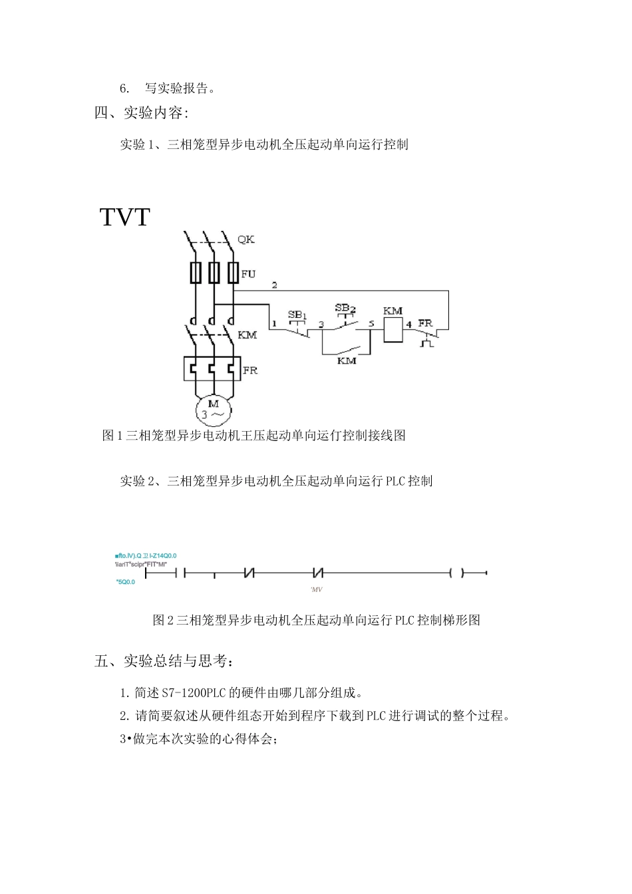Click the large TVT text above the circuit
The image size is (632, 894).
(x=125, y=218)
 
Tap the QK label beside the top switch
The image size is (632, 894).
(x=246, y=239)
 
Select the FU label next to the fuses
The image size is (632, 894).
(x=248, y=274)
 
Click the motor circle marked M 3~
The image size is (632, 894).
(x=214, y=410)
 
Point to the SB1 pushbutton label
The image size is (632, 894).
(x=297, y=315)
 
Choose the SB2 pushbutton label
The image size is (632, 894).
(x=345, y=308)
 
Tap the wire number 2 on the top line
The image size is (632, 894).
(x=274, y=285)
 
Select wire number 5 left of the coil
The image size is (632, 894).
(x=371, y=324)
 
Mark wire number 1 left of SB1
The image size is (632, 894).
(x=273, y=324)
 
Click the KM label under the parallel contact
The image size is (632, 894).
(x=347, y=361)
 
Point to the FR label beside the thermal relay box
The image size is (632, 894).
(x=250, y=370)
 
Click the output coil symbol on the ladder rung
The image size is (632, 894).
(x=456, y=572)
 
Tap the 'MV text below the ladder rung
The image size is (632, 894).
(x=317, y=590)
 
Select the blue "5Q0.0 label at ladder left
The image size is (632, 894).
(x=125, y=582)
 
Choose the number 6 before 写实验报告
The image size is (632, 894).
(x=124, y=88)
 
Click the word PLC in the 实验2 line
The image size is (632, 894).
(x=396, y=481)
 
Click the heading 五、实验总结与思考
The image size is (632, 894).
(x=164, y=661)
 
